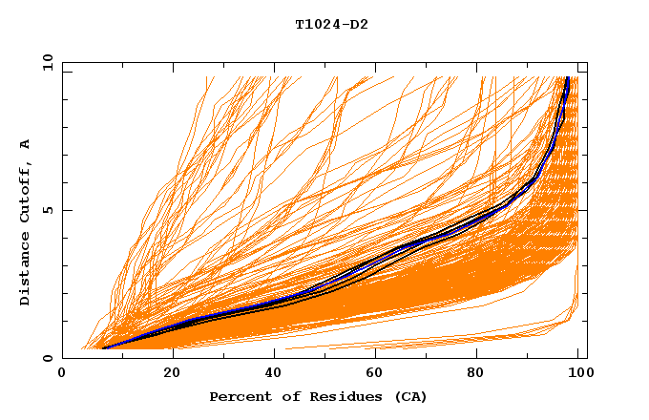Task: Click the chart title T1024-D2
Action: pos(331,25)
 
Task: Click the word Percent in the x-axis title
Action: pos(238,396)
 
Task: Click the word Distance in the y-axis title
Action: pos(26,271)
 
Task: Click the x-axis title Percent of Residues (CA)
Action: pos(318,396)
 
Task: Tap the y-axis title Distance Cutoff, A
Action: pos(26,222)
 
